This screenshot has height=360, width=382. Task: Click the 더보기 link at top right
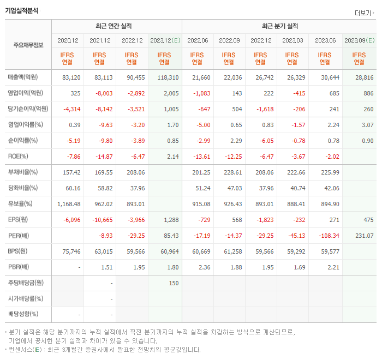coord(365,13)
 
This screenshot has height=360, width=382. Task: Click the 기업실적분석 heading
coord(22,10)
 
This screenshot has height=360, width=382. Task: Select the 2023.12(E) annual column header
coord(164,40)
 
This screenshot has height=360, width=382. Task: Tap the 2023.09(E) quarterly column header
coord(359,40)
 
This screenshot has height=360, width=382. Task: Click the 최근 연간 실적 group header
coord(116,26)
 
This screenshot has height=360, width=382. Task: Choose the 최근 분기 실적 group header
coord(279,26)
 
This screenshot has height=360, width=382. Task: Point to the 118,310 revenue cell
coord(169,77)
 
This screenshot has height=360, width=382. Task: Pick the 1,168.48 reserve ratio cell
coord(69,204)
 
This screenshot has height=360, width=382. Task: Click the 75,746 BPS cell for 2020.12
coord(71,251)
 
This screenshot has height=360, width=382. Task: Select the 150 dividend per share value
coord(174,283)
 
